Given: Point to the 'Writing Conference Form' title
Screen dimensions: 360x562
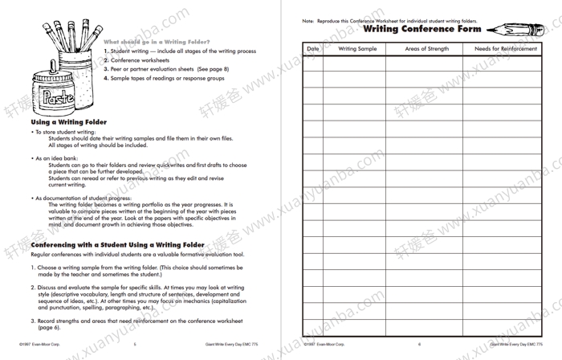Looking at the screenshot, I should pos(421,29).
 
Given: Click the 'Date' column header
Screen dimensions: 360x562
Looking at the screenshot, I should pos(313,49).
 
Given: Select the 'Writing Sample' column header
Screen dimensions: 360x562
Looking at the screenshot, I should pos(357,49).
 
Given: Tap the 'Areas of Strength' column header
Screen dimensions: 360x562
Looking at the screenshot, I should pos(427,49).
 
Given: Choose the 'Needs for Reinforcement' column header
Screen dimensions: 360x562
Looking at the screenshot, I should pos(506,49).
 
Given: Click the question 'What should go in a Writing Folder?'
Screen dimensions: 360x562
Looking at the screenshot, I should pos(157,41).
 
